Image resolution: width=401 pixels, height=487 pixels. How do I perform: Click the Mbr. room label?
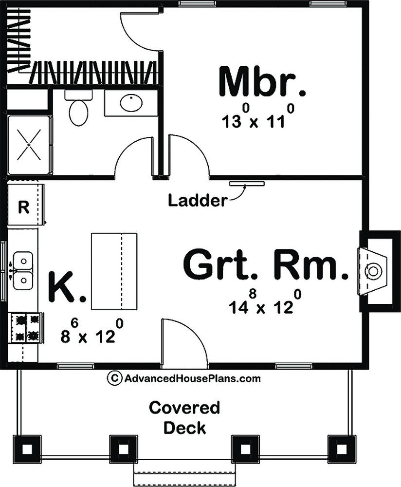[262, 81]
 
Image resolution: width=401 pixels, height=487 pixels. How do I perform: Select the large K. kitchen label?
[67, 286]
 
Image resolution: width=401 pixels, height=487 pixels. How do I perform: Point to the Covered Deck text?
[184, 418]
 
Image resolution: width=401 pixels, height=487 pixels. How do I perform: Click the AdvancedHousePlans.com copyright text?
[184, 378]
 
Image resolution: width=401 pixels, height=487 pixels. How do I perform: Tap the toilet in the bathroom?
[78, 108]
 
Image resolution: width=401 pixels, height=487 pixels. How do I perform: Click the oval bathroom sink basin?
[131, 103]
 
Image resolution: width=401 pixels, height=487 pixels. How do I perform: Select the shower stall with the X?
[29, 145]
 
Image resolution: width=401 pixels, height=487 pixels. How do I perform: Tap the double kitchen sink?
[23, 270]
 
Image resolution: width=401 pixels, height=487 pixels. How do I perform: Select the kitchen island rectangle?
[114, 271]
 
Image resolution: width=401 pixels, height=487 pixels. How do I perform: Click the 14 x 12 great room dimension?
[265, 302]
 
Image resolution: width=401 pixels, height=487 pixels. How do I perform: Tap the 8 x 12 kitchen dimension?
[92, 332]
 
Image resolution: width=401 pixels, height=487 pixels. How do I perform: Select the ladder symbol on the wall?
[247, 184]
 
